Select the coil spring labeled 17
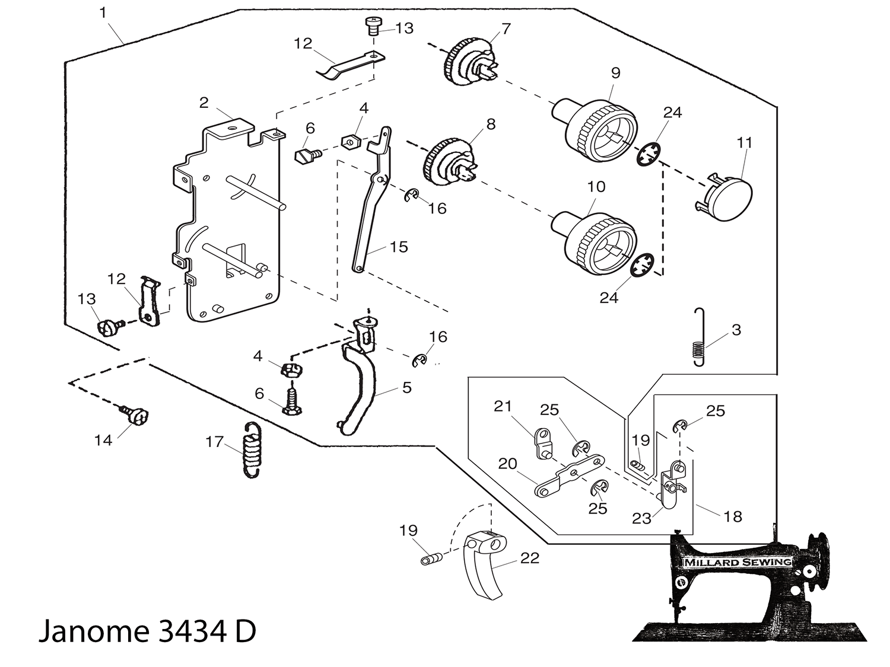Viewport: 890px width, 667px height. (252, 449)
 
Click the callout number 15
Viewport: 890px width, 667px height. (399, 247)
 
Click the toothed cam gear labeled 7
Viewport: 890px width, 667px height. (471, 63)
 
